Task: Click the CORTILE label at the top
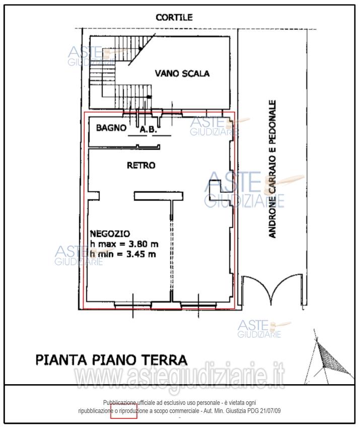point(174,17)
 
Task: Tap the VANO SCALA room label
point(182,74)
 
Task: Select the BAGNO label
point(111,128)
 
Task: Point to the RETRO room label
point(141,165)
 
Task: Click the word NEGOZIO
point(110,233)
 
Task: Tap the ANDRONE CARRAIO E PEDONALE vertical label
point(272,169)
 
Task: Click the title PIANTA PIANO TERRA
point(111,360)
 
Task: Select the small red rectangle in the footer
point(123,411)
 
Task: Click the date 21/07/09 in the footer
point(270,411)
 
